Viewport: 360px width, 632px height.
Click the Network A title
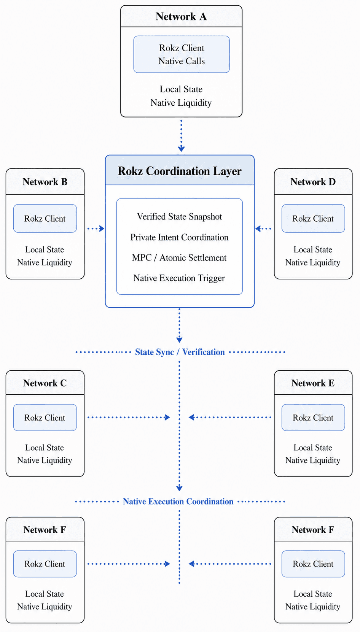coord(181,17)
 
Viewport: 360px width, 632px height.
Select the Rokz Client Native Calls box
coord(182,54)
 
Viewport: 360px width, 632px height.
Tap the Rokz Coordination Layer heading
coord(180,171)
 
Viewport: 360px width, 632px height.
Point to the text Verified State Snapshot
coord(179,217)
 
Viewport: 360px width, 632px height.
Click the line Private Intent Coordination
coord(179,237)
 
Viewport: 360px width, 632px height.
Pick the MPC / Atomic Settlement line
coord(179,257)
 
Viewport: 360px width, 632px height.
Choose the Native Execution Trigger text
coord(179,278)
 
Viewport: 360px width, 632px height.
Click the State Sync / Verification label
coord(180,352)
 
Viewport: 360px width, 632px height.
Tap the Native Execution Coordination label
coord(178,501)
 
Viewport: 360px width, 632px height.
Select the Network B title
coord(45,182)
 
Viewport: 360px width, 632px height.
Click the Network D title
coord(313,182)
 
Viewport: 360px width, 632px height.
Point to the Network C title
coord(45,383)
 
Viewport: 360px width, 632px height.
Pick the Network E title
coord(313,383)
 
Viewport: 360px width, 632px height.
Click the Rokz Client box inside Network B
coord(45,218)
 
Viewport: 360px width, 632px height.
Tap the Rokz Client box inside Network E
coord(313,418)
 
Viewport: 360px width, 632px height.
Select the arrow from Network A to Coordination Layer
coord(181,136)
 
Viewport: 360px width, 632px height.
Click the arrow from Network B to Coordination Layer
coord(96,229)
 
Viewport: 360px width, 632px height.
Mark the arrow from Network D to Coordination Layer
coord(263,229)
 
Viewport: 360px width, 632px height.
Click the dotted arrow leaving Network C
coord(129,417)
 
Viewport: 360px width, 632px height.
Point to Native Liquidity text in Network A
coord(181,103)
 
